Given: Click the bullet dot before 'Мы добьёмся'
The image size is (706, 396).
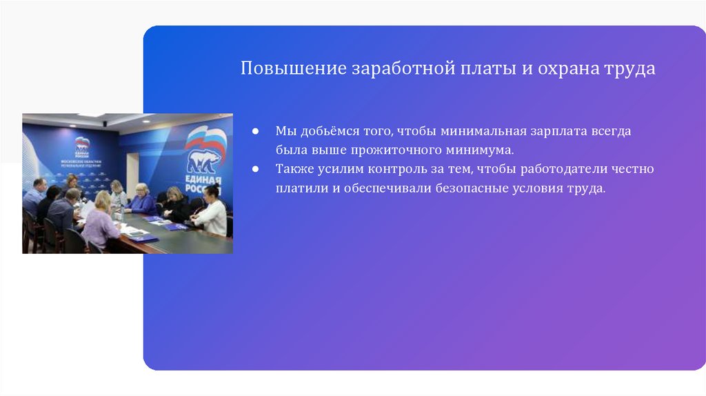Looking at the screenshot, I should (255, 131).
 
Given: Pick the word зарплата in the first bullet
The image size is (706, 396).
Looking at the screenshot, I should (558, 131).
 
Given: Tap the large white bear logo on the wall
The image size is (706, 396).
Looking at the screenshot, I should (203, 161).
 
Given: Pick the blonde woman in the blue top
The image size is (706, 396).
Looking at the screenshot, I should (143, 199).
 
